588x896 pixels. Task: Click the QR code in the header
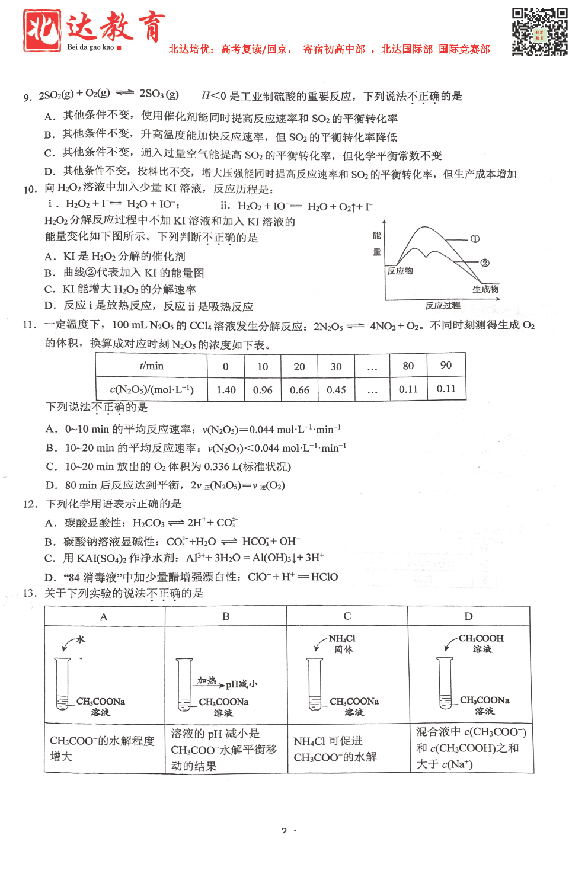tap(539, 31)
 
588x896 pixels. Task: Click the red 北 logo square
tap(42, 30)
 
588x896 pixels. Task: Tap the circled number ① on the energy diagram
tap(475, 239)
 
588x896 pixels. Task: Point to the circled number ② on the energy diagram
tap(485, 263)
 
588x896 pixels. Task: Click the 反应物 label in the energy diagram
tap(400, 271)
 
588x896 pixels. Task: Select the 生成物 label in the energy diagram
tap(485, 289)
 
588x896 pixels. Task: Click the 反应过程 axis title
tap(442, 306)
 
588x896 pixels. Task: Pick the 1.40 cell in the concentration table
tap(226, 390)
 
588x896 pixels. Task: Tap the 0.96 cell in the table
tap(263, 390)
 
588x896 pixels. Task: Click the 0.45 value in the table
tap(336, 390)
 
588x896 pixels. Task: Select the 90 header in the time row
tap(446, 365)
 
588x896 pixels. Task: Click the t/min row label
tap(151, 366)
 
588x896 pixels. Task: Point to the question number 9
tap(27, 97)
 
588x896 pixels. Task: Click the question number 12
tap(30, 504)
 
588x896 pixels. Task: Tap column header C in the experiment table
tap(347, 616)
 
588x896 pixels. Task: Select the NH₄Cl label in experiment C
tap(342, 638)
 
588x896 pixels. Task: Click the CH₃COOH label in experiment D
tap(481, 638)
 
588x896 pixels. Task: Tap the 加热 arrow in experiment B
tap(209, 683)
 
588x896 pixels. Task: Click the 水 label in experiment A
tap(81, 639)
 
